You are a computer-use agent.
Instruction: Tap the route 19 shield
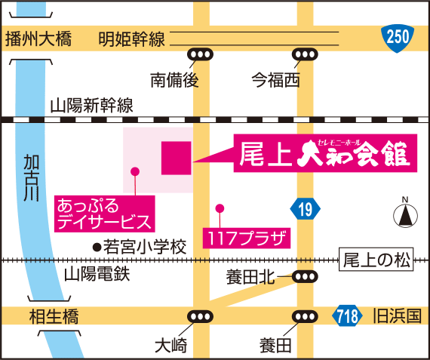(303, 209)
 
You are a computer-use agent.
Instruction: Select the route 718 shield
(347, 316)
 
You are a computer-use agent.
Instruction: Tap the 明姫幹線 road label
(131, 38)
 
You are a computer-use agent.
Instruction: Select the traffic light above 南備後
(201, 54)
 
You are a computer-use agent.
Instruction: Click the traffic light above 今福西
(305, 54)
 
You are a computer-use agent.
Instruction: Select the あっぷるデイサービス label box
(104, 212)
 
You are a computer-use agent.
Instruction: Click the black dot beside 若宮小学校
(96, 246)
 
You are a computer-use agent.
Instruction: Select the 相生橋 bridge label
(51, 315)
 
